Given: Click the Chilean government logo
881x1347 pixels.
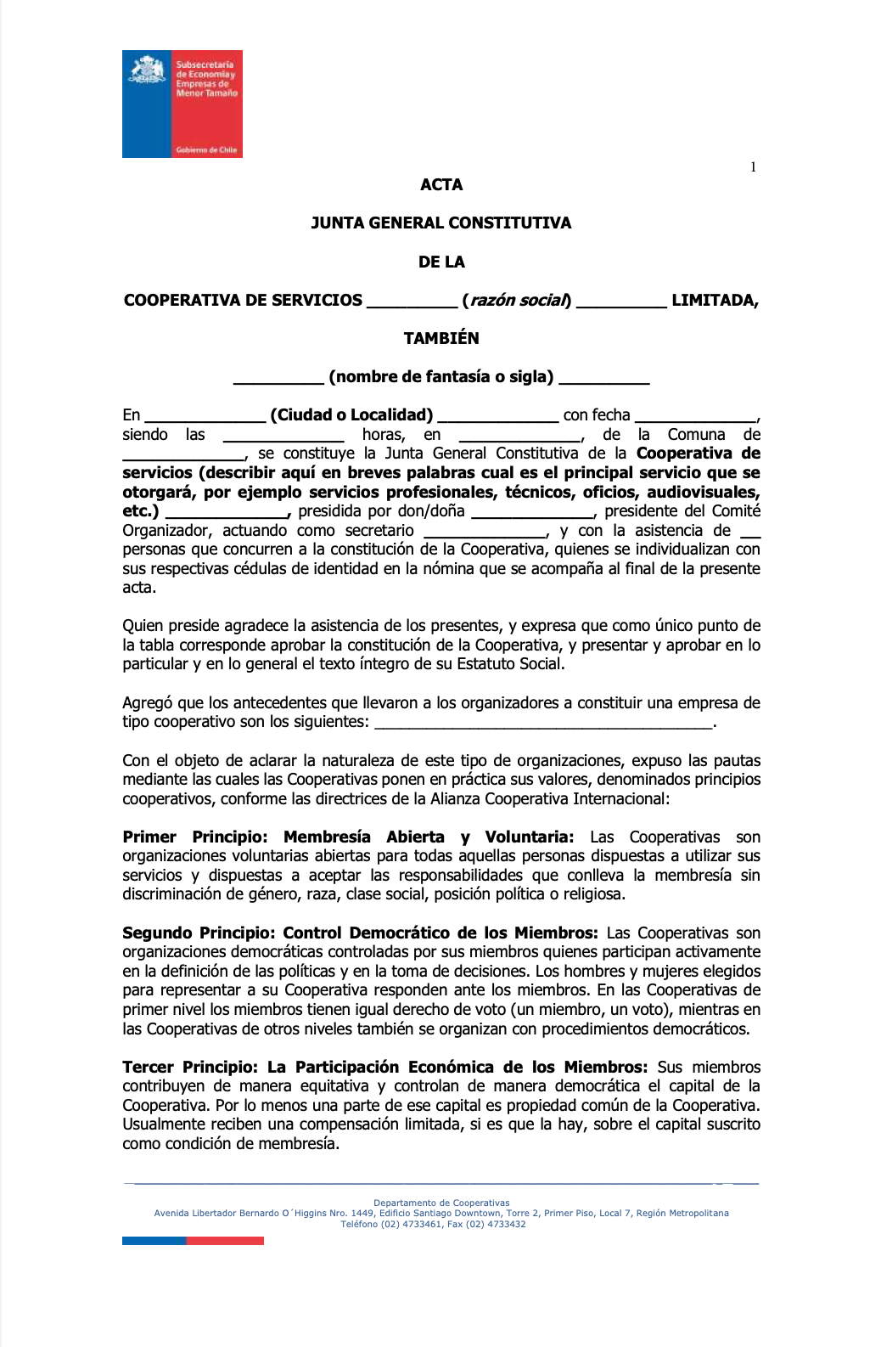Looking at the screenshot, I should click(x=182, y=104).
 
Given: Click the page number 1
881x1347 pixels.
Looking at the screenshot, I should click(x=753, y=167).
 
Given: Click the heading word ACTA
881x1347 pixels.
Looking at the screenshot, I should click(x=441, y=184).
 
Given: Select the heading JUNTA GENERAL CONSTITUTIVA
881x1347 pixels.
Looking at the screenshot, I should click(x=441, y=223).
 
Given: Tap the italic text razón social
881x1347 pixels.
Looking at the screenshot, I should click(x=518, y=301).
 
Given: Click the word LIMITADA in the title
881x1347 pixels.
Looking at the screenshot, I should click(x=714, y=301).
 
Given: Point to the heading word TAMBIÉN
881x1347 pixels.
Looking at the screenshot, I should click(x=441, y=338).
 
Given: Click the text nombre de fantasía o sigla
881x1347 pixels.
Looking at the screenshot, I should click(x=441, y=377).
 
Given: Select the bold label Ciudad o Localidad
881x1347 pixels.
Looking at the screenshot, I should click(x=351, y=415).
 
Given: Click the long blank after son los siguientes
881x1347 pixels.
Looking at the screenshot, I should click(x=543, y=724).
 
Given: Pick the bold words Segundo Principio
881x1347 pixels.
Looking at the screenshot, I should click(x=199, y=933).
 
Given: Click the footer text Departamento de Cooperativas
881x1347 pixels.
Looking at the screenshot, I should click(x=441, y=1203).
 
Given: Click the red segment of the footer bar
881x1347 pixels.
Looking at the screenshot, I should click(x=225, y=1241).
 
